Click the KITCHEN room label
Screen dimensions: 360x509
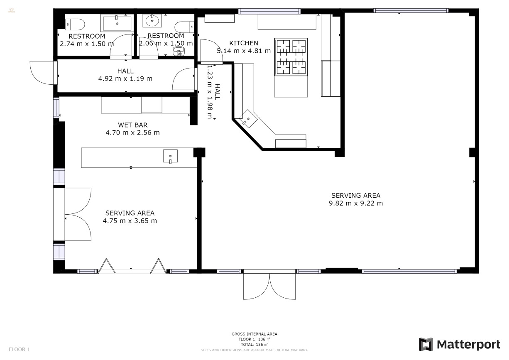[244, 43]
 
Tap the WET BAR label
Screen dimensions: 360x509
[132, 125]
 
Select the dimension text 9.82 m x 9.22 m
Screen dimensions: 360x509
[355, 203]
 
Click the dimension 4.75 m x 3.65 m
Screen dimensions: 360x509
[130, 221]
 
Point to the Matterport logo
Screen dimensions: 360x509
[460, 345]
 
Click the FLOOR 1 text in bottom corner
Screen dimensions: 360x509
[20, 349]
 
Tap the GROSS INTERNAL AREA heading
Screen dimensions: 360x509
[254, 334]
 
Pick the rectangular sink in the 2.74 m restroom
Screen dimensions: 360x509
[117, 23]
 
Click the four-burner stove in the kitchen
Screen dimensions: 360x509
[291, 56]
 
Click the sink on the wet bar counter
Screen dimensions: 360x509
[170, 157]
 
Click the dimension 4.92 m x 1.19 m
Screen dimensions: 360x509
[125, 78]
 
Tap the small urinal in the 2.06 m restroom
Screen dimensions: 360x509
[179, 51]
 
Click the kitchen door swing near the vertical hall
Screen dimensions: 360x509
[210, 51]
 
